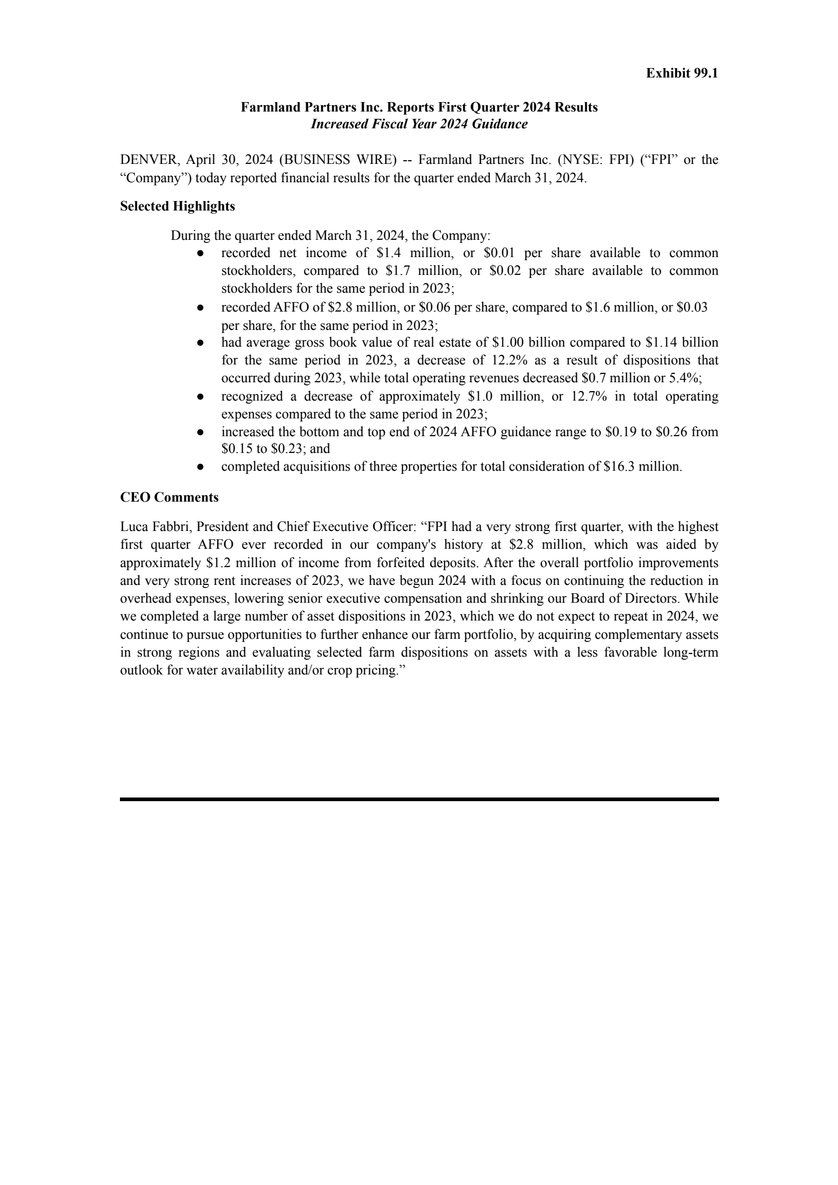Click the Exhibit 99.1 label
tap(681, 73)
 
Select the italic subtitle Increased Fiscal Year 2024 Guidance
tap(419, 125)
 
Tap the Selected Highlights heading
tap(178, 206)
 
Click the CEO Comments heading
tap(169, 497)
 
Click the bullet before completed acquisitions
tap(200, 467)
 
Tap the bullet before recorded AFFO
tap(200, 308)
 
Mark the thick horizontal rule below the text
tap(419, 800)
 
